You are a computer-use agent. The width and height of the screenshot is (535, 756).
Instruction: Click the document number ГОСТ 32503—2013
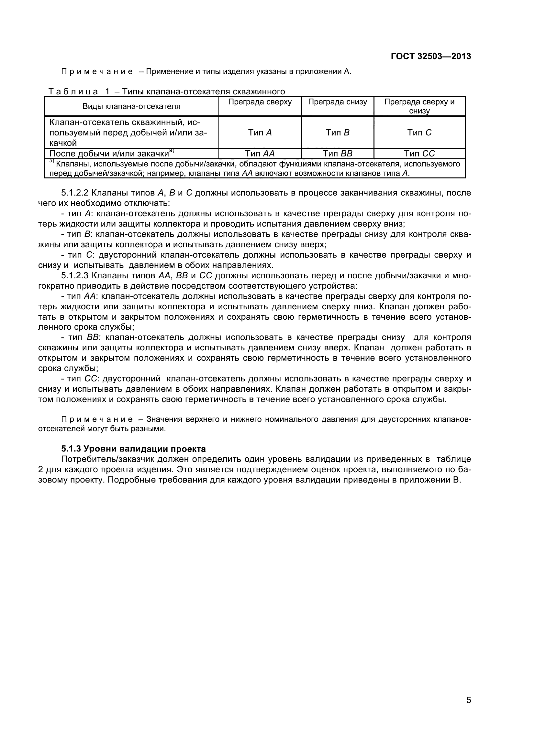click(431, 56)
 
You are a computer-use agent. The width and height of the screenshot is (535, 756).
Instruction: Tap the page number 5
click(469, 709)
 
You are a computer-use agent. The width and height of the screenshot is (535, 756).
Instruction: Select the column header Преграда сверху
click(260, 102)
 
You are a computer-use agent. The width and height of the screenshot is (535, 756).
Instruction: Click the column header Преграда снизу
click(337, 102)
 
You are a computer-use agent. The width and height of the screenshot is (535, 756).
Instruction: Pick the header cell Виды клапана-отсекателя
click(131, 106)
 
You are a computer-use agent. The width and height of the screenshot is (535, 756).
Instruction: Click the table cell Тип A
click(260, 133)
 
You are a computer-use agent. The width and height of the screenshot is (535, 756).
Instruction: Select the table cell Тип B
click(337, 133)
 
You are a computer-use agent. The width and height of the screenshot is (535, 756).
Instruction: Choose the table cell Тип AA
click(260, 154)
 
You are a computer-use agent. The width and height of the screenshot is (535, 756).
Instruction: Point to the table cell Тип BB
click(337, 154)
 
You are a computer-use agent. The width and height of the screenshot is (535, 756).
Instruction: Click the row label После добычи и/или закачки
click(111, 154)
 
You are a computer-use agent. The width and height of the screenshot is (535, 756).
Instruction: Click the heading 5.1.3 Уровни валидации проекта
click(133, 449)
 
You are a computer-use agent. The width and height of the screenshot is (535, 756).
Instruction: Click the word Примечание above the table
click(97, 71)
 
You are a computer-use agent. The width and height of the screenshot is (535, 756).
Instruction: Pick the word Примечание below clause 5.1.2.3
click(97, 419)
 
